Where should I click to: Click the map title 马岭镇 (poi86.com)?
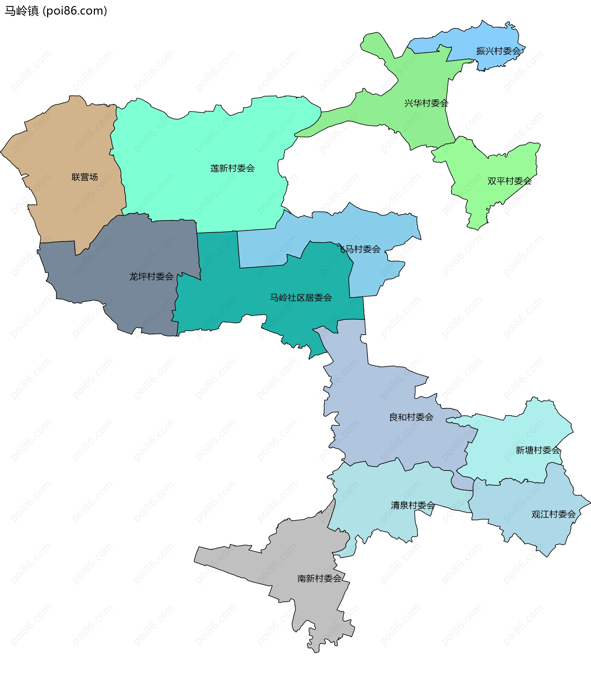pos(56,11)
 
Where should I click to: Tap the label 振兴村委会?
pos(498,51)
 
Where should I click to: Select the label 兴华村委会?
pos(426,103)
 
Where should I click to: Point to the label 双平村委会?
pos(509,181)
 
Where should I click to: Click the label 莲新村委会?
pos(232,169)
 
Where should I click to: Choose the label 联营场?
pos(85,177)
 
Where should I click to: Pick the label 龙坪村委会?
pos(151,276)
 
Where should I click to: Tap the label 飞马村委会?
pos(359,249)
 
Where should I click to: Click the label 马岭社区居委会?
pos(301,298)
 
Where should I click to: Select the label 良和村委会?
pos(411,417)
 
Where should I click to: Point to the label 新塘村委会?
pos(537,450)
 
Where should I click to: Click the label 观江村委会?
pos(553,514)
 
